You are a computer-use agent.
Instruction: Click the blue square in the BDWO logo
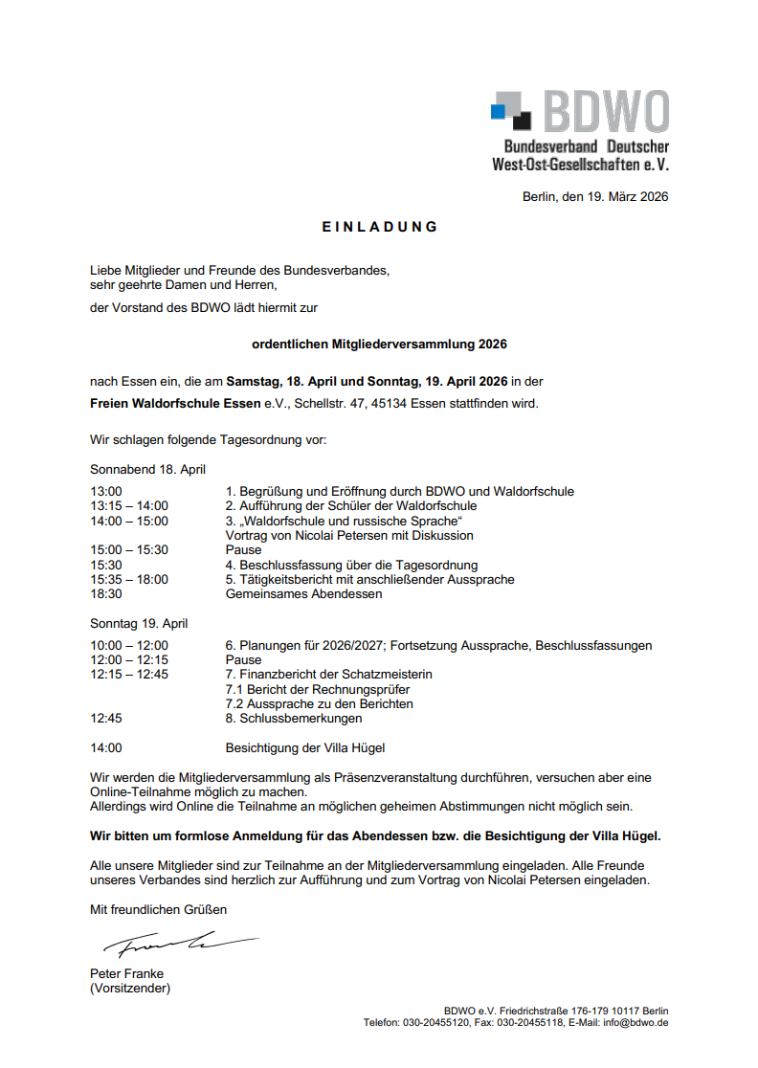click(x=497, y=112)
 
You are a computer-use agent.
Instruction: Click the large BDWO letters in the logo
click(x=605, y=113)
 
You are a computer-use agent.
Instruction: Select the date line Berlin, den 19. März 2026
click(x=595, y=197)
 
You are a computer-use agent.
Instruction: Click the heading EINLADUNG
click(x=380, y=227)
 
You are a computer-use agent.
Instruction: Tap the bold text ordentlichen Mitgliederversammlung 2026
click(x=379, y=344)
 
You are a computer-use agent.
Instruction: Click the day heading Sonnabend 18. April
click(x=147, y=470)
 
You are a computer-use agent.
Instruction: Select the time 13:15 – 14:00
click(x=129, y=506)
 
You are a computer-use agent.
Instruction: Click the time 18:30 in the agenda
click(x=106, y=594)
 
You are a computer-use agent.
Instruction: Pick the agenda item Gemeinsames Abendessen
click(x=303, y=594)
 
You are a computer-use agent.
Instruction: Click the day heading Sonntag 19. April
click(x=139, y=624)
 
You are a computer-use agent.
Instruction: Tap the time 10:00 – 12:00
click(x=129, y=646)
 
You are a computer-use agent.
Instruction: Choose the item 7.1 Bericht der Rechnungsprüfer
click(x=318, y=690)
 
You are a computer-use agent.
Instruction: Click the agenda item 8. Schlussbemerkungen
click(x=294, y=719)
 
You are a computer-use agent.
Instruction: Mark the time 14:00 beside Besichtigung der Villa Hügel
click(x=106, y=748)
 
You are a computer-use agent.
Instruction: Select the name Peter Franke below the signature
click(x=126, y=974)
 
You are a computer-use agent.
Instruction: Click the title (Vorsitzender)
click(x=130, y=989)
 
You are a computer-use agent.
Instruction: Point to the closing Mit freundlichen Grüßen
click(x=159, y=909)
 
